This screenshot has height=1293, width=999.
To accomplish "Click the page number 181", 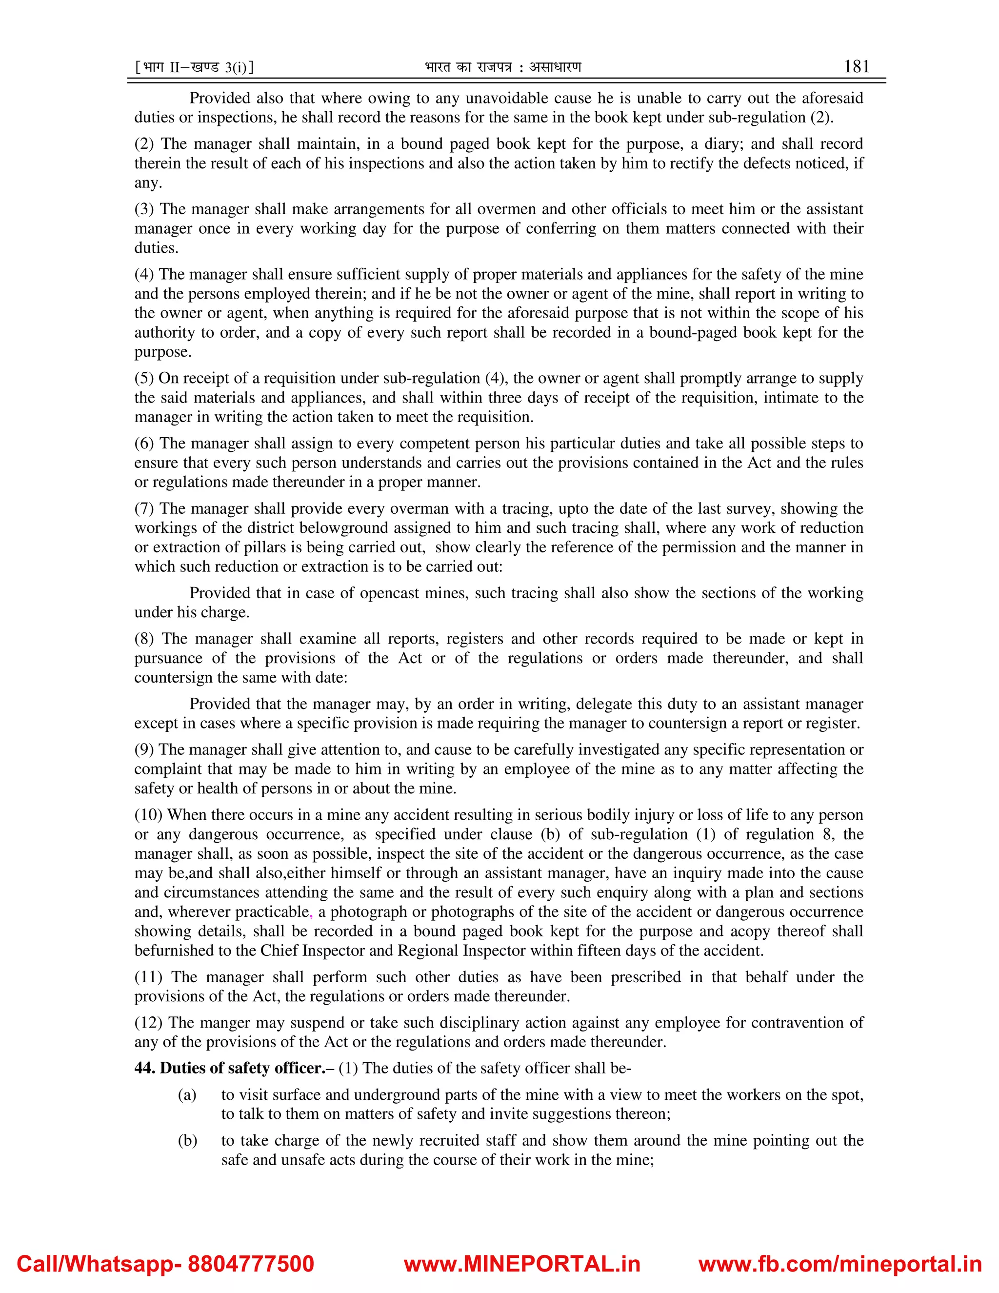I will point(857,66).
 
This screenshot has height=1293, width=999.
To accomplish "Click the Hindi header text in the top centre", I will point(503,67).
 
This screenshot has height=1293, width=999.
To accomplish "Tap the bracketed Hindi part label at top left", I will point(194,67).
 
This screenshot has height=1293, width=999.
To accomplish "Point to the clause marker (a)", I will point(187,1095).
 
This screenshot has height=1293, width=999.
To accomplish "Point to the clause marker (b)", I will point(187,1140).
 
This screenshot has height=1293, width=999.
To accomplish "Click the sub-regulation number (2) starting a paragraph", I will point(145,144).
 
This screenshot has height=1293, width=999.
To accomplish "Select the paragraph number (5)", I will point(145,378).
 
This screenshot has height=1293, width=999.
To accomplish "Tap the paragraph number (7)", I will point(145,508).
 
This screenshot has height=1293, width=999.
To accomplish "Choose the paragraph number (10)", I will point(149,815).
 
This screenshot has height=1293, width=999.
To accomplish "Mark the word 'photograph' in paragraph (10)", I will point(358,912).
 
